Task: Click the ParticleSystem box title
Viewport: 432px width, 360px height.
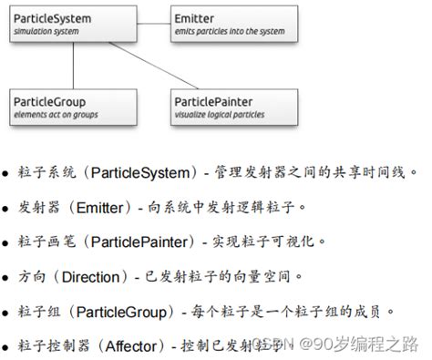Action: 45,17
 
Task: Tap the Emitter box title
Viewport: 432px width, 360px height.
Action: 196,17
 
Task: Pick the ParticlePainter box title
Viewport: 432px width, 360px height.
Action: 214,103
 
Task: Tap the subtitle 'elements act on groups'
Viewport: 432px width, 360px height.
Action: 54,116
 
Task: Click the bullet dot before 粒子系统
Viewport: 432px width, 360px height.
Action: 6,172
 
